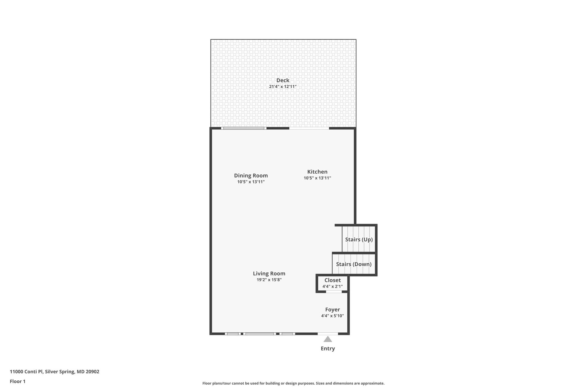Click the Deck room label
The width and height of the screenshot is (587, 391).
(283, 80)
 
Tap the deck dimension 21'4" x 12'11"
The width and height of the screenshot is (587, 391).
(283, 87)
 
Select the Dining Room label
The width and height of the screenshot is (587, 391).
(251, 176)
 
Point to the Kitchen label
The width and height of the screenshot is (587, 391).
(317, 172)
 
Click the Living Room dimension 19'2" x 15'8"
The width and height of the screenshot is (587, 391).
(269, 280)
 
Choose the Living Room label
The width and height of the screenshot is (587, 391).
(269, 274)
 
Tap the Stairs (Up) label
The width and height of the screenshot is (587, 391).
(359, 240)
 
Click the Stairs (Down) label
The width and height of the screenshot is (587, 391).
(354, 264)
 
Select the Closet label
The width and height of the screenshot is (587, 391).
(333, 280)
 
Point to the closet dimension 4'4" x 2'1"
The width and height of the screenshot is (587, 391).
(333, 287)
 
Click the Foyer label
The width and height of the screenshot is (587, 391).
(333, 310)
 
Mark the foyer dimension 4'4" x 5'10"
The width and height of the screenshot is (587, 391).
(333, 316)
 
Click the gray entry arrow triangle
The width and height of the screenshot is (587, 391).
(328, 339)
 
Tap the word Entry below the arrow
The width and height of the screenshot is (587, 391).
(328, 349)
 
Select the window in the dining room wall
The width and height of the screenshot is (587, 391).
(244, 128)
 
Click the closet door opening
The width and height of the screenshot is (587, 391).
(334, 292)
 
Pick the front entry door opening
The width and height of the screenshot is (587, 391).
(328, 334)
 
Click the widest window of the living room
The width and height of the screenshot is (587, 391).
(259, 334)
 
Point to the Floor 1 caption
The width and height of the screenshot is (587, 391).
(18, 382)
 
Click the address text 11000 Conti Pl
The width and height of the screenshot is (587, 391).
(27, 372)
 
